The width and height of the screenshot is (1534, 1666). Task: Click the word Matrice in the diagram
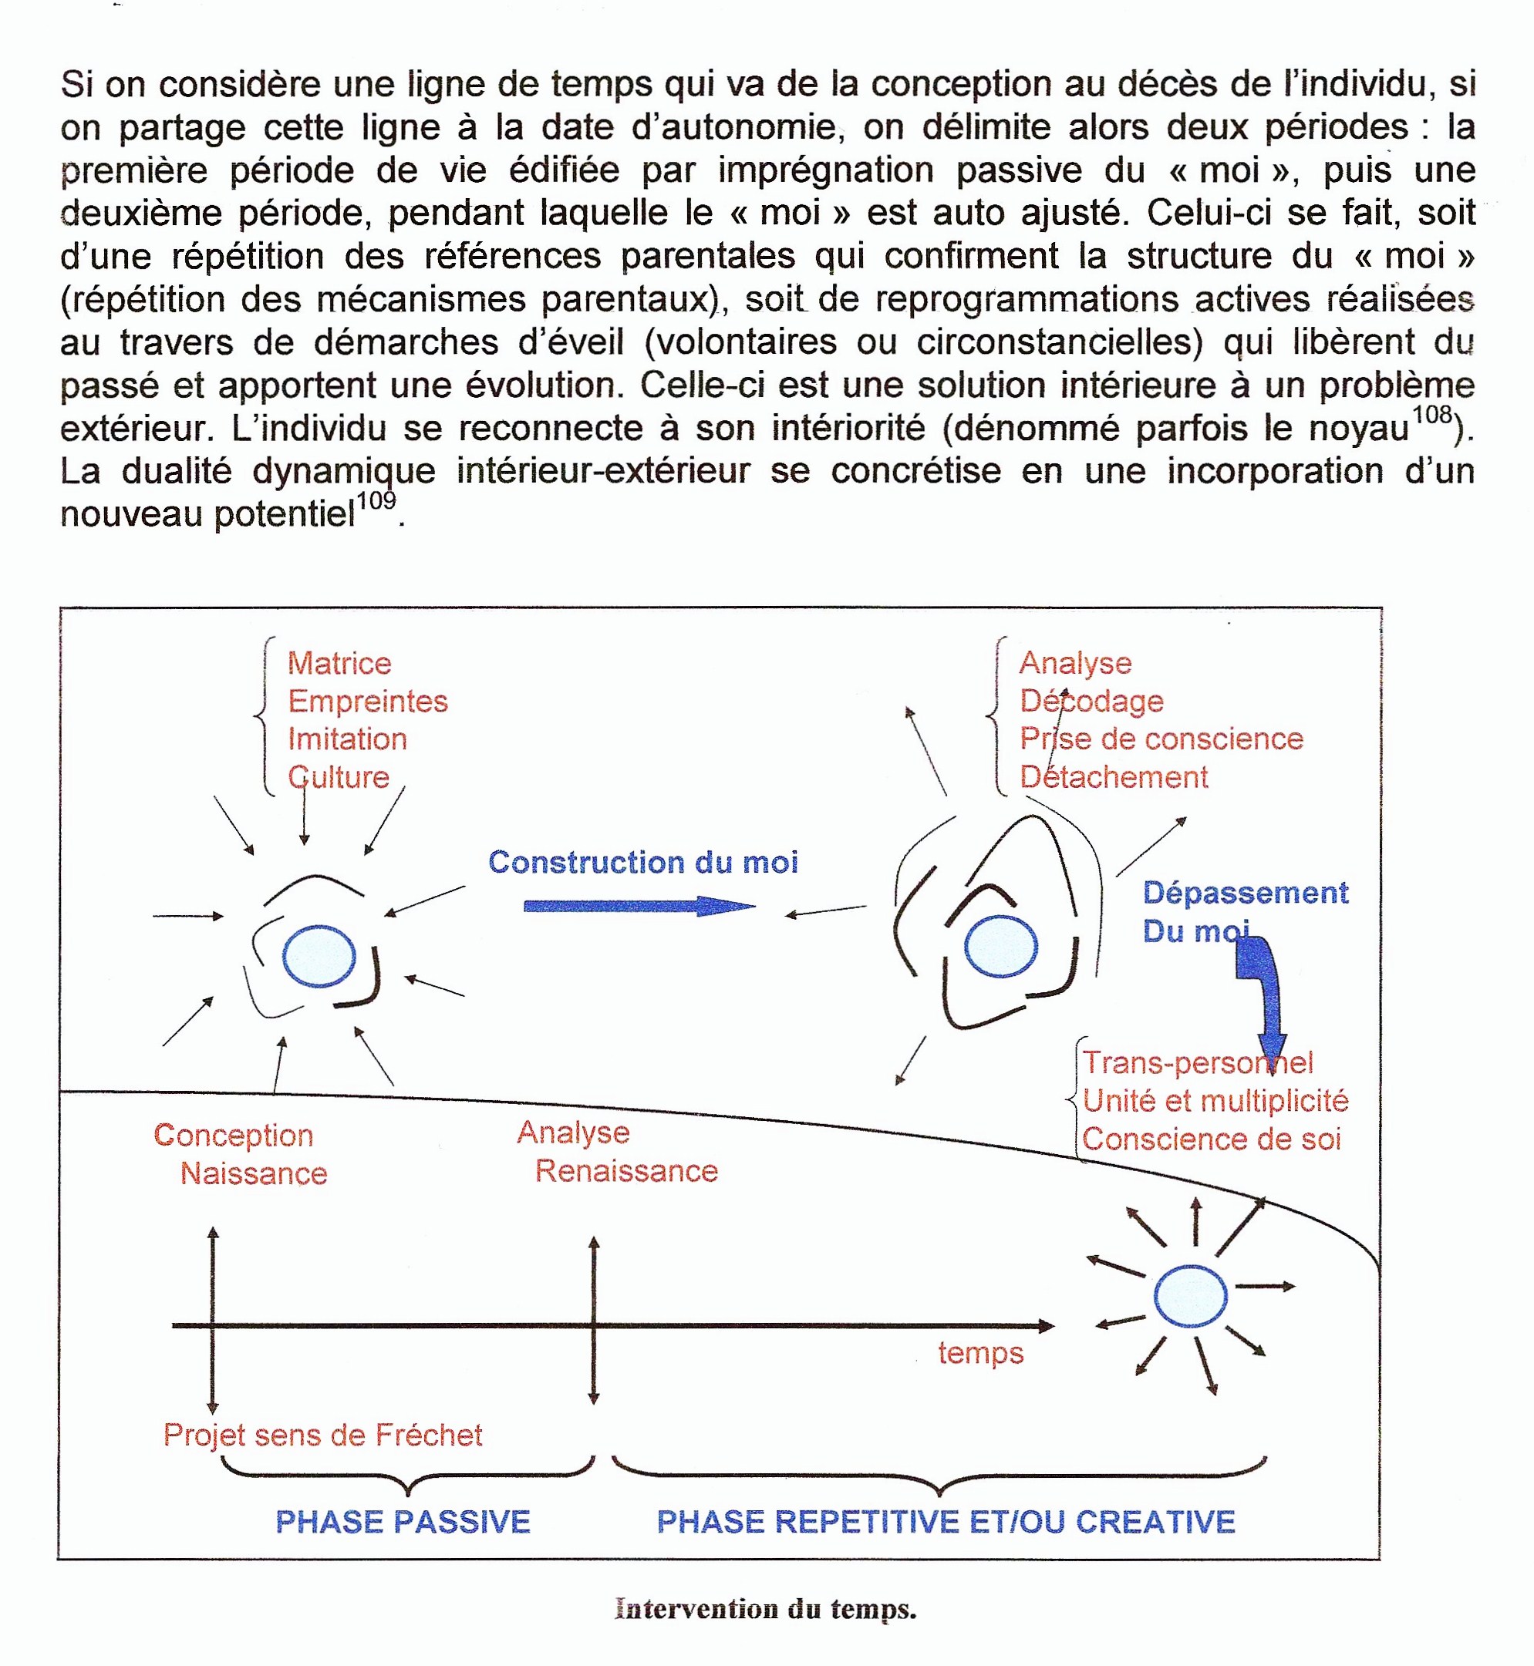(339, 664)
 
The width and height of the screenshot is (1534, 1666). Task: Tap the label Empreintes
(367, 702)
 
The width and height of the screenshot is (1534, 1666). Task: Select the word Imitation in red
(347, 739)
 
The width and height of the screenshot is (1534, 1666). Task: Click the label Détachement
(1113, 777)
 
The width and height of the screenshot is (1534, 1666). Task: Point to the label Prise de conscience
(1161, 739)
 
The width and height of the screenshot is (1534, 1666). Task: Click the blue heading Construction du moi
(642, 863)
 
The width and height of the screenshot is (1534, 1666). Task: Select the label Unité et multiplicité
(1215, 1101)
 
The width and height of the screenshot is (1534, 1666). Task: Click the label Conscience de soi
(1211, 1140)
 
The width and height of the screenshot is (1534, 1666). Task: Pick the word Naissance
(253, 1174)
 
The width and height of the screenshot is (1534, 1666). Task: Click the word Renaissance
(626, 1172)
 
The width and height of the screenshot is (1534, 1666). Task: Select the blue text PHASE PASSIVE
(403, 1523)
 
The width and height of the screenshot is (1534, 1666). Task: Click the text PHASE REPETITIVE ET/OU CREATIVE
(946, 1523)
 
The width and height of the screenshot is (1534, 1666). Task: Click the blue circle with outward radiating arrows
(1189, 1297)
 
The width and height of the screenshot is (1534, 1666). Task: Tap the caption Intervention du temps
(765, 1610)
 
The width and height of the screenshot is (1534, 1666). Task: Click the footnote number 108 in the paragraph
(1432, 414)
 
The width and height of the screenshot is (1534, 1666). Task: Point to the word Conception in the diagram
(233, 1136)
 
